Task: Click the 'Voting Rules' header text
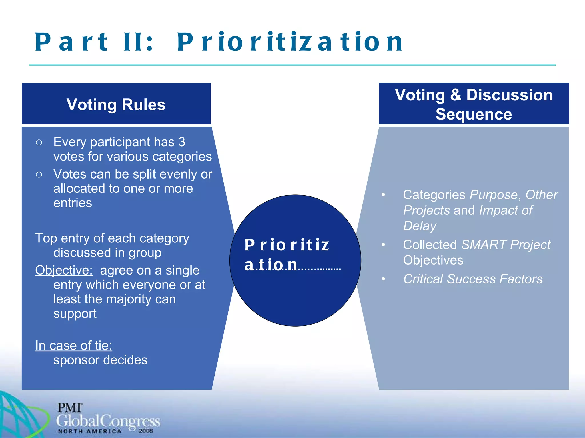(x=116, y=104)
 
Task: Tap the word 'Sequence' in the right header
(x=474, y=114)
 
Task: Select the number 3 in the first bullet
(x=182, y=142)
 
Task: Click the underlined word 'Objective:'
(x=64, y=270)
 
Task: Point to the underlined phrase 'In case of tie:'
(x=73, y=346)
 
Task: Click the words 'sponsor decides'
(x=100, y=360)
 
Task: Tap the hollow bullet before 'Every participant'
(x=39, y=142)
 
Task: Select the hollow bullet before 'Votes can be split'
(x=39, y=174)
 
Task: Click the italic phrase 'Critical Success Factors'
(x=473, y=279)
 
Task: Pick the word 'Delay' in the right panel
(x=420, y=226)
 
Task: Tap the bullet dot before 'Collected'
(x=383, y=245)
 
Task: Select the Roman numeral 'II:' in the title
(x=138, y=42)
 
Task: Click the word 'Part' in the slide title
(x=71, y=42)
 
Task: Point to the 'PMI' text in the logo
(x=70, y=408)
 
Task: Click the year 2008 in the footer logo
(x=146, y=431)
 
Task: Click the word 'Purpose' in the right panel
(x=493, y=195)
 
